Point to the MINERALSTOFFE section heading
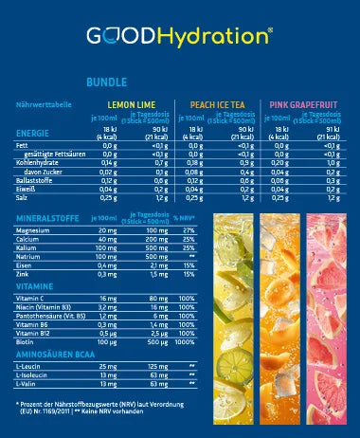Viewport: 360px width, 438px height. tap(49, 217)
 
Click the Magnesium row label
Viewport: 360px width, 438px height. tap(34, 228)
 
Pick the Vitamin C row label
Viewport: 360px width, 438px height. tap(32, 297)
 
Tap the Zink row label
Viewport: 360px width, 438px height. tap(24, 274)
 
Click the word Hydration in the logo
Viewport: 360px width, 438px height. tap(220, 36)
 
